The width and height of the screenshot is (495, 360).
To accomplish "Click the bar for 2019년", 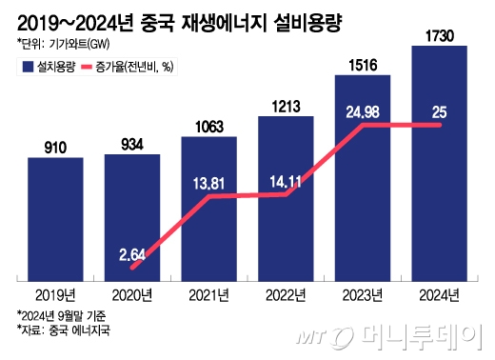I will tap(55, 219).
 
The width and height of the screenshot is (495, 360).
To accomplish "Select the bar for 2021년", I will tap(209, 210).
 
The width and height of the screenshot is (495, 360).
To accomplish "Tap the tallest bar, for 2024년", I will tap(440, 163).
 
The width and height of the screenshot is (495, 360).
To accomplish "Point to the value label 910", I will tap(55, 148).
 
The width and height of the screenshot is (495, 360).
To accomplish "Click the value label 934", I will tap(132, 144).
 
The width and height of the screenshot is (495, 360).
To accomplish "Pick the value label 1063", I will tap(209, 127).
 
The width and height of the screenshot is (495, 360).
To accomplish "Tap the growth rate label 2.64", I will tap(132, 254).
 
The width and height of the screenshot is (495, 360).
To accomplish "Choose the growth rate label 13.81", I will tap(209, 181).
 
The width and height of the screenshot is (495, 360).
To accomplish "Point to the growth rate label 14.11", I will tap(287, 178).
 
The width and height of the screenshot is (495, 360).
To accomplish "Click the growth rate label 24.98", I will tap(363, 111).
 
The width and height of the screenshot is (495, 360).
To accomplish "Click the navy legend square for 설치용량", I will tap(24, 67).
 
